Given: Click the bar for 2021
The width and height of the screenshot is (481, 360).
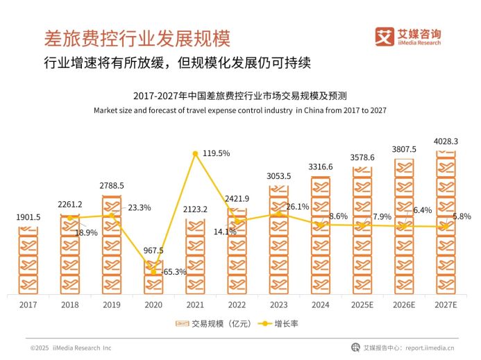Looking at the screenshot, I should [x=195, y=256].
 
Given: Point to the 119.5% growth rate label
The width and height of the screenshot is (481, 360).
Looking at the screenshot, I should [x=215, y=153].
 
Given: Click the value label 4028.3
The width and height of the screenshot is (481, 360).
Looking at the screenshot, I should [x=446, y=141].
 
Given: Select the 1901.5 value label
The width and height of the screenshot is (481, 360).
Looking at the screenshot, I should [x=28, y=217].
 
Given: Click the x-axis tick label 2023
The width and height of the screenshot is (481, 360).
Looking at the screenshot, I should [x=278, y=305].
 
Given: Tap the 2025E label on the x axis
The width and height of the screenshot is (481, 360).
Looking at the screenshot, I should [x=362, y=305].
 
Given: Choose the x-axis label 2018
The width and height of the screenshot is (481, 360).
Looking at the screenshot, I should [x=69, y=305].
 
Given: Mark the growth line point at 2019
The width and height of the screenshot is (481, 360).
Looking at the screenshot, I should [x=112, y=215].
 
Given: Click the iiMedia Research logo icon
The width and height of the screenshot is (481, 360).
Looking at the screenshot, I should [x=384, y=37].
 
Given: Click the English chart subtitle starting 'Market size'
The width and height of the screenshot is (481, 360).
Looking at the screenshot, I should [x=239, y=110].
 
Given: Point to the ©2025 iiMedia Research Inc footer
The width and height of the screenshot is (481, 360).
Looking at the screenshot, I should [x=69, y=348].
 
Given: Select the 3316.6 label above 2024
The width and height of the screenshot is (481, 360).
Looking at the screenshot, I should [x=321, y=166].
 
